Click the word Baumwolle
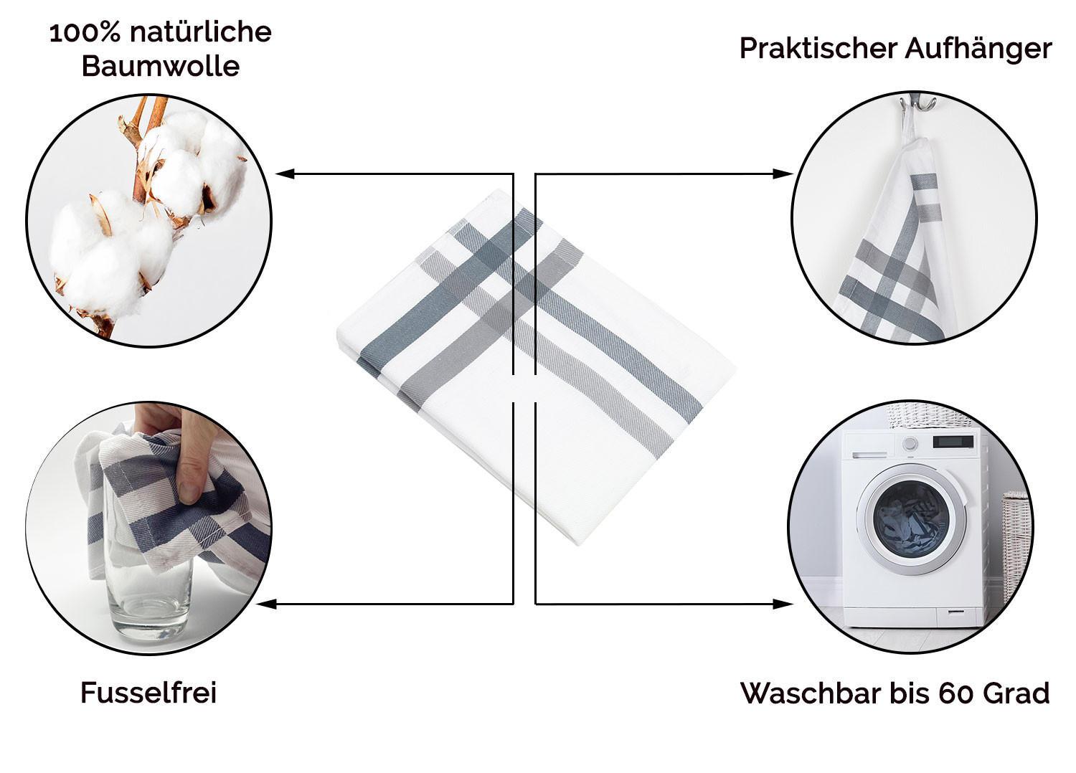coord(161,66)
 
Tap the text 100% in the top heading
coord(85,34)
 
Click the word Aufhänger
coord(978,49)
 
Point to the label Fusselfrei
coord(148,693)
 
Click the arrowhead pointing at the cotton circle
coord(284,174)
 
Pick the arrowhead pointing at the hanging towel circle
coord(783,174)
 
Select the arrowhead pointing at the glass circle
coord(267,604)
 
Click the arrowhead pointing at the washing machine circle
coord(783,604)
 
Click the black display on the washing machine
coord(953,441)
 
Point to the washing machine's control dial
coord(909,444)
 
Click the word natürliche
coord(201,33)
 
